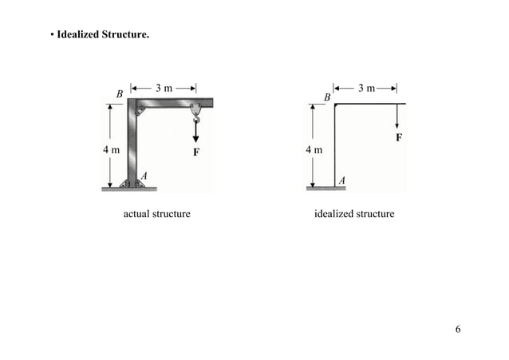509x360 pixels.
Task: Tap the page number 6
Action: pos(458,330)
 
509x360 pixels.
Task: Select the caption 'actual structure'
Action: pos(156,214)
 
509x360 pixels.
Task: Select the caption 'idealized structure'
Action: pos(354,214)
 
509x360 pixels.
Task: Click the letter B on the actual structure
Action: pos(120,94)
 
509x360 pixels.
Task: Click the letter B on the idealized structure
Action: pos(326,97)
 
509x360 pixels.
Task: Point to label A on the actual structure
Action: pos(144,174)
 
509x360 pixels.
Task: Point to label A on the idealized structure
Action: pos(342,180)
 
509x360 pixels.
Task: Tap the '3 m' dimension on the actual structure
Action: pos(164,88)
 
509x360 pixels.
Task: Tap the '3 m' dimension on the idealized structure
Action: pos(367,87)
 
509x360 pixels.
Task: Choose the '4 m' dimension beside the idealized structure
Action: pos(314,149)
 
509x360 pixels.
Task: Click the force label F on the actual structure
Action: pos(195,150)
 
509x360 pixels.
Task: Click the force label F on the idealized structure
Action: pos(399,137)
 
